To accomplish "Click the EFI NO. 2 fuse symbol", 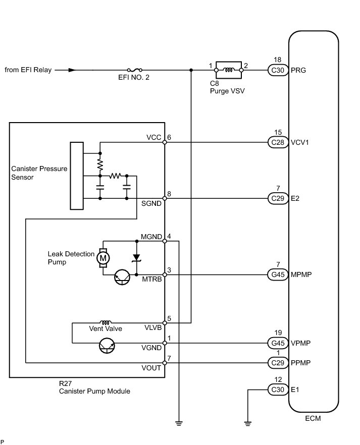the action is coord(135,70).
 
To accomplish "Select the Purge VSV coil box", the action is coord(229,70).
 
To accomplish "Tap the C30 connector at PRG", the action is coord(278,70).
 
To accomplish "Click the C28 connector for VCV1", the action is coord(278,142).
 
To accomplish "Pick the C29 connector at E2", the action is coord(278,198).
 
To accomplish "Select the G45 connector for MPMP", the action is coord(278,274).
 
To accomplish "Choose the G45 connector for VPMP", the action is coord(278,343).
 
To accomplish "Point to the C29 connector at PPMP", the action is coord(278,363).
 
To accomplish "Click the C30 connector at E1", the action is coord(278,390).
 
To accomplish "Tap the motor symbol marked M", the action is coord(103,258).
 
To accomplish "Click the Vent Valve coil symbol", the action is coord(106,322).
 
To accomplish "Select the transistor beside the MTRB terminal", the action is coord(122,277).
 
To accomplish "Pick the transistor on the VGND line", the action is coord(107,346).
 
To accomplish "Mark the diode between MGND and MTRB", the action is coord(136,258).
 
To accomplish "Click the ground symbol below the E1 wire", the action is coord(247,423).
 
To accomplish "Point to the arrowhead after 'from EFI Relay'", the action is coord(72,70).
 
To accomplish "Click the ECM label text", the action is coord(313,418).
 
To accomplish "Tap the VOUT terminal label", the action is coord(151,368).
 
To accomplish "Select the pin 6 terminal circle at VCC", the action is coord(165,142).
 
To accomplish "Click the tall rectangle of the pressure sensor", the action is coord(77,176).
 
